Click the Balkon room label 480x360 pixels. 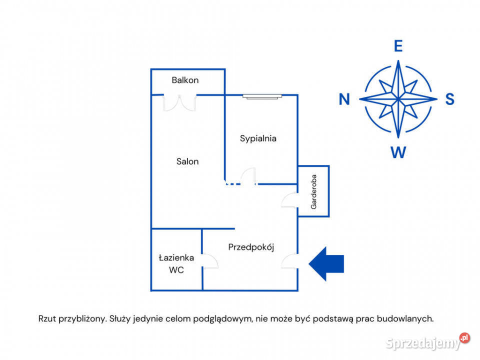tap(185, 80)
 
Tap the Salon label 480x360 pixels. tap(187, 161)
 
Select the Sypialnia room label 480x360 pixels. tap(258, 138)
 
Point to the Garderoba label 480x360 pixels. tap(314, 192)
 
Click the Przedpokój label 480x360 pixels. tap(251, 247)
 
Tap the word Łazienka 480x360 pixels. tap(176, 258)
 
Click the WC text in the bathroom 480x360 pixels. tap(176, 270)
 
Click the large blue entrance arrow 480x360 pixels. tap(326, 263)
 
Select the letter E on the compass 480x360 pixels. tap(398, 46)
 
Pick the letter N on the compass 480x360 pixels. tap(344, 99)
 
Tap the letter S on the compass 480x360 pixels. tap(449, 99)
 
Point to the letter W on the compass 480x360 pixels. tap(398, 152)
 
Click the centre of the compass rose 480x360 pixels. tap(398, 99)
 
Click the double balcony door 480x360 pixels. tap(179, 103)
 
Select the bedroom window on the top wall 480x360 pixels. tap(262, 96)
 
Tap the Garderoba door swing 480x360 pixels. tap(289, 200)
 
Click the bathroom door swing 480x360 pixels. tap(210, 261)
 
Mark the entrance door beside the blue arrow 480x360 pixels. tap(289, 261)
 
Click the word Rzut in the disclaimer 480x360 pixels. tap(47, 318)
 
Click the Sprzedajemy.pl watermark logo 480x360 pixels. tap(427, 342)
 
